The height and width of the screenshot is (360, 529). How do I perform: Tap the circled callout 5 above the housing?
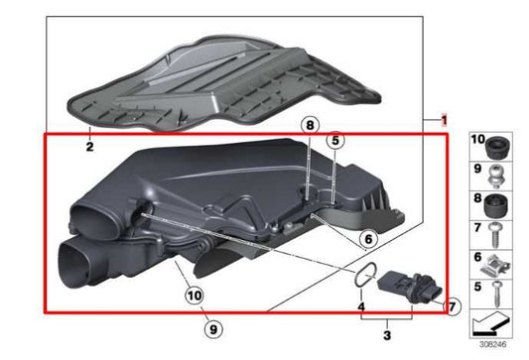[x=335, y=141]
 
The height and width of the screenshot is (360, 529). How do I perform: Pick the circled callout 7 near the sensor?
[x=453, y=307]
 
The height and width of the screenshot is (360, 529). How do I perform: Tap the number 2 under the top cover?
[x=88, y=147]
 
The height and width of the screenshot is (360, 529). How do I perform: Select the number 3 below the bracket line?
[x=388, y=339]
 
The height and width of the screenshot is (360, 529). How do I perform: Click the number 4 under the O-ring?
[x=361, y=309]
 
